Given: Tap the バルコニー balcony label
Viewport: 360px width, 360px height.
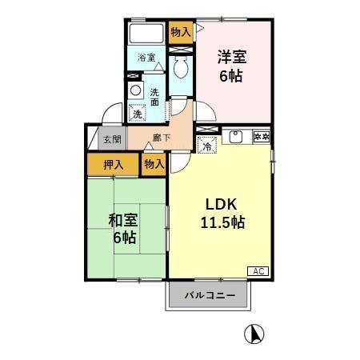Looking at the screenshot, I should point(210,295).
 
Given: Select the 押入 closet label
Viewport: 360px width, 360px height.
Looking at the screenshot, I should point(114,164).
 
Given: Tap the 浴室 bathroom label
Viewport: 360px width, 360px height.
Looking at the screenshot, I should point(146,58).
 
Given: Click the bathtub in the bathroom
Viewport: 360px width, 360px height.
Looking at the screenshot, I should point(146,35).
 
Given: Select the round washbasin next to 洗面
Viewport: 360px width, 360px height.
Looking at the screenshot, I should point(135,90).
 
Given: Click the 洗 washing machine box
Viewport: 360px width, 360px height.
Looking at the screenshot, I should point(137,114).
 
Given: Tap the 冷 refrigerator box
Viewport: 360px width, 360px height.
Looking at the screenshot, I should point(206,146).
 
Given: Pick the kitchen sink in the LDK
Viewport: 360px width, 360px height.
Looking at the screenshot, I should point(235,136).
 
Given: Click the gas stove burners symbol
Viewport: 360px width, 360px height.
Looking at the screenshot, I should point(261,136).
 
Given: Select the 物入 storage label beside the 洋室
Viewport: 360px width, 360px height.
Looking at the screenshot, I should point(181,32).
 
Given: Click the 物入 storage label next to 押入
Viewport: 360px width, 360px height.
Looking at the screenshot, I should point(154,164).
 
